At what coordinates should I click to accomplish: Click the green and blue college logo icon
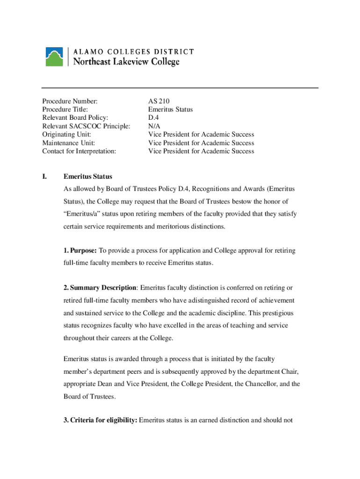coord(54,56)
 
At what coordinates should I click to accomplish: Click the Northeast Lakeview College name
coord(124,62)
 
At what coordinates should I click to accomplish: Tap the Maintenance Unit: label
coord(68,143)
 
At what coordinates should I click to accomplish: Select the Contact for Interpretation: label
coord(79,152)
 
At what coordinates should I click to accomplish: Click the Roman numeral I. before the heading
coord(44,177)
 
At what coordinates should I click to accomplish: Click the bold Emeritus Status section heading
coord(88,177)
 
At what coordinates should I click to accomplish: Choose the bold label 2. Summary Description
coord(100,288)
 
